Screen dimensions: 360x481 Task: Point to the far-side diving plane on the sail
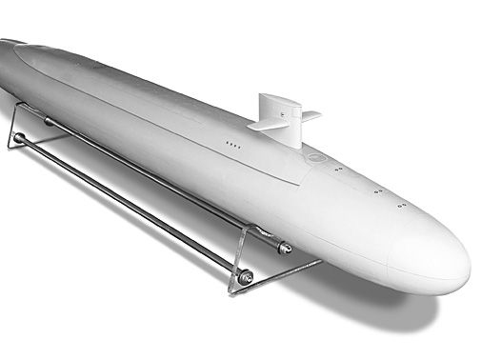point(310,116)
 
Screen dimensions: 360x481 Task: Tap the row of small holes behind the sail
point(231,143)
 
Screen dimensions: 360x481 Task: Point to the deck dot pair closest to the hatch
point(338,170)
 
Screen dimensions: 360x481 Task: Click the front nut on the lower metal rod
point(245,277)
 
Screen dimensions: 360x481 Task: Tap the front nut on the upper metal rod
point(285,248)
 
